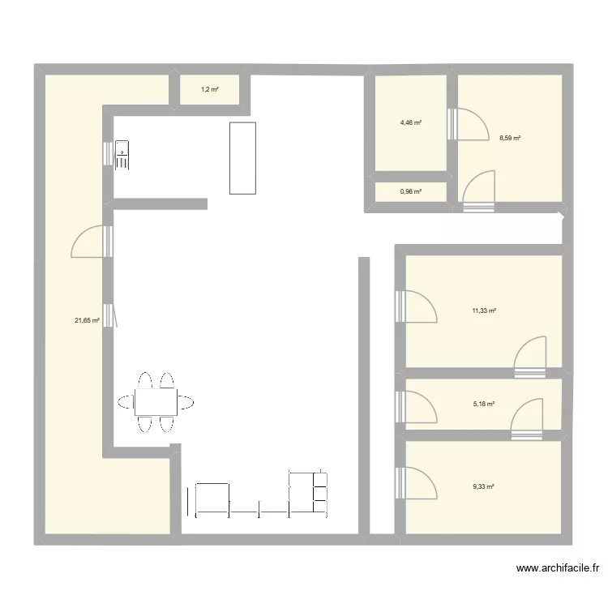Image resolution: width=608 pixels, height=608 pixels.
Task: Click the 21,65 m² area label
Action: pos(87,320)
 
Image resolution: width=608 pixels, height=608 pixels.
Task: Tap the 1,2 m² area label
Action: pos(210,89)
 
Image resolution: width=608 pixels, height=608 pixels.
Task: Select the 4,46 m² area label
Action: pos(411,122)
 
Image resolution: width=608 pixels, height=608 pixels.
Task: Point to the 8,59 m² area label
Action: pos(510,139)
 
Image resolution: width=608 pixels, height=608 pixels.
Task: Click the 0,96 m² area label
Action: pos(411,192)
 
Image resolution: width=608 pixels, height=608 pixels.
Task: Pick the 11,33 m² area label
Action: pos(484,310)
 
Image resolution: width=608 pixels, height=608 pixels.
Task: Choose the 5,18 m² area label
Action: pos(484,403)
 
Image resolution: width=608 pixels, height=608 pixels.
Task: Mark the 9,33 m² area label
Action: pos(484,486)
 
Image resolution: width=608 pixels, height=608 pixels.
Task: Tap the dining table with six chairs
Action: pos(156,401)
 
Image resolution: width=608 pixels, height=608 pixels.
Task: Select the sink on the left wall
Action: pos(122,154)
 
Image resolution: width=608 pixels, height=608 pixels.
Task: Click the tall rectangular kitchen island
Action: pos(242,158)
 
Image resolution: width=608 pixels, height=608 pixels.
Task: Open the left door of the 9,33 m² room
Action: pos(418,484)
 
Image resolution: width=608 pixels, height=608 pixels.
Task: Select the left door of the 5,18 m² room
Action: pos(418,406)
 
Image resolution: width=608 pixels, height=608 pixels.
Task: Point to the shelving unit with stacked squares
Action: pos(309,493)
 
